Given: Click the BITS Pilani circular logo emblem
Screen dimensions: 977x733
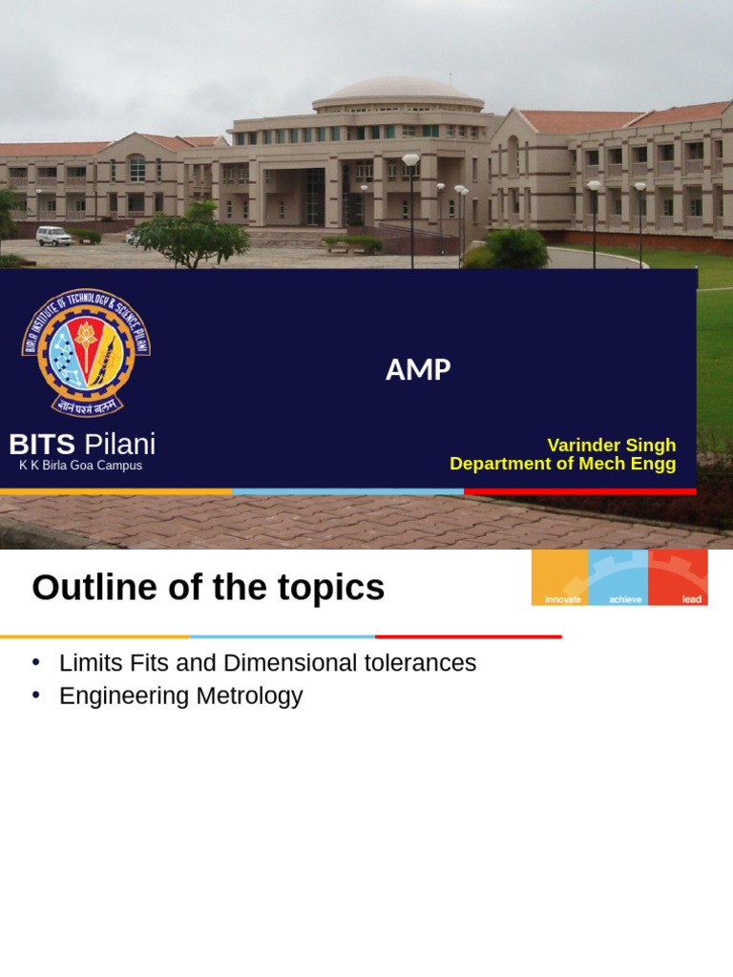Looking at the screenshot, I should pyautogui.click(x=86, y=352).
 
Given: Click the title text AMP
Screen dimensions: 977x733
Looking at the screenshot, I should pyautogui.click(x=418, y=369).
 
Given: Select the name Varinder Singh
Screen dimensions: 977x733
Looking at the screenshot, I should pyautogui.click(x=611, y=445).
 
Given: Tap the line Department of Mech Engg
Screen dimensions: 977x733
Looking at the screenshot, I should pyautogui.click(x=562, y=464).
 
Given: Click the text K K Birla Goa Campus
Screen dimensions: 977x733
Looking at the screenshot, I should pyautogui.click(x=80, y=466).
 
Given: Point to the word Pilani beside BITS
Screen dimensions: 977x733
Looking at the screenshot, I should pyautogui.click(x=119, y=444).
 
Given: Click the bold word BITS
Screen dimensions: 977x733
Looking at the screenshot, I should pyautogui.click(x=42, y=444).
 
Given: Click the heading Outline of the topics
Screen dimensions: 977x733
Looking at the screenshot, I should pyautogui.click(x=208, y=588).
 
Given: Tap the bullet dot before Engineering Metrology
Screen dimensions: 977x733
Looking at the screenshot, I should pyautogui.click(x=36, y=695).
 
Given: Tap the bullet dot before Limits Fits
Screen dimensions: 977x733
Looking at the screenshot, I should pyautogui.click(x=36, y=661).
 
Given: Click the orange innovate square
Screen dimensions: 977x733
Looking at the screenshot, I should pyautogui.click(x=560, y=576).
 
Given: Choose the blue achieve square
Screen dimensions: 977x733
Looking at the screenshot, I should pyautogui.click(x=618, y=576).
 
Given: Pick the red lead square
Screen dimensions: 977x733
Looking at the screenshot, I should pyautogui.click(x=678, y=576).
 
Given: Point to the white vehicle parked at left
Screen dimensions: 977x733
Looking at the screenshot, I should pyautogui.click(x=53, y=235).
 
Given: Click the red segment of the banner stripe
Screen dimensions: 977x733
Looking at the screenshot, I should pyautogui.click(x=579, y=491).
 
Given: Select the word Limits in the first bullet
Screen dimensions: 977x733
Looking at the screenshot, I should pyautogui.click(x=88, y=662).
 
